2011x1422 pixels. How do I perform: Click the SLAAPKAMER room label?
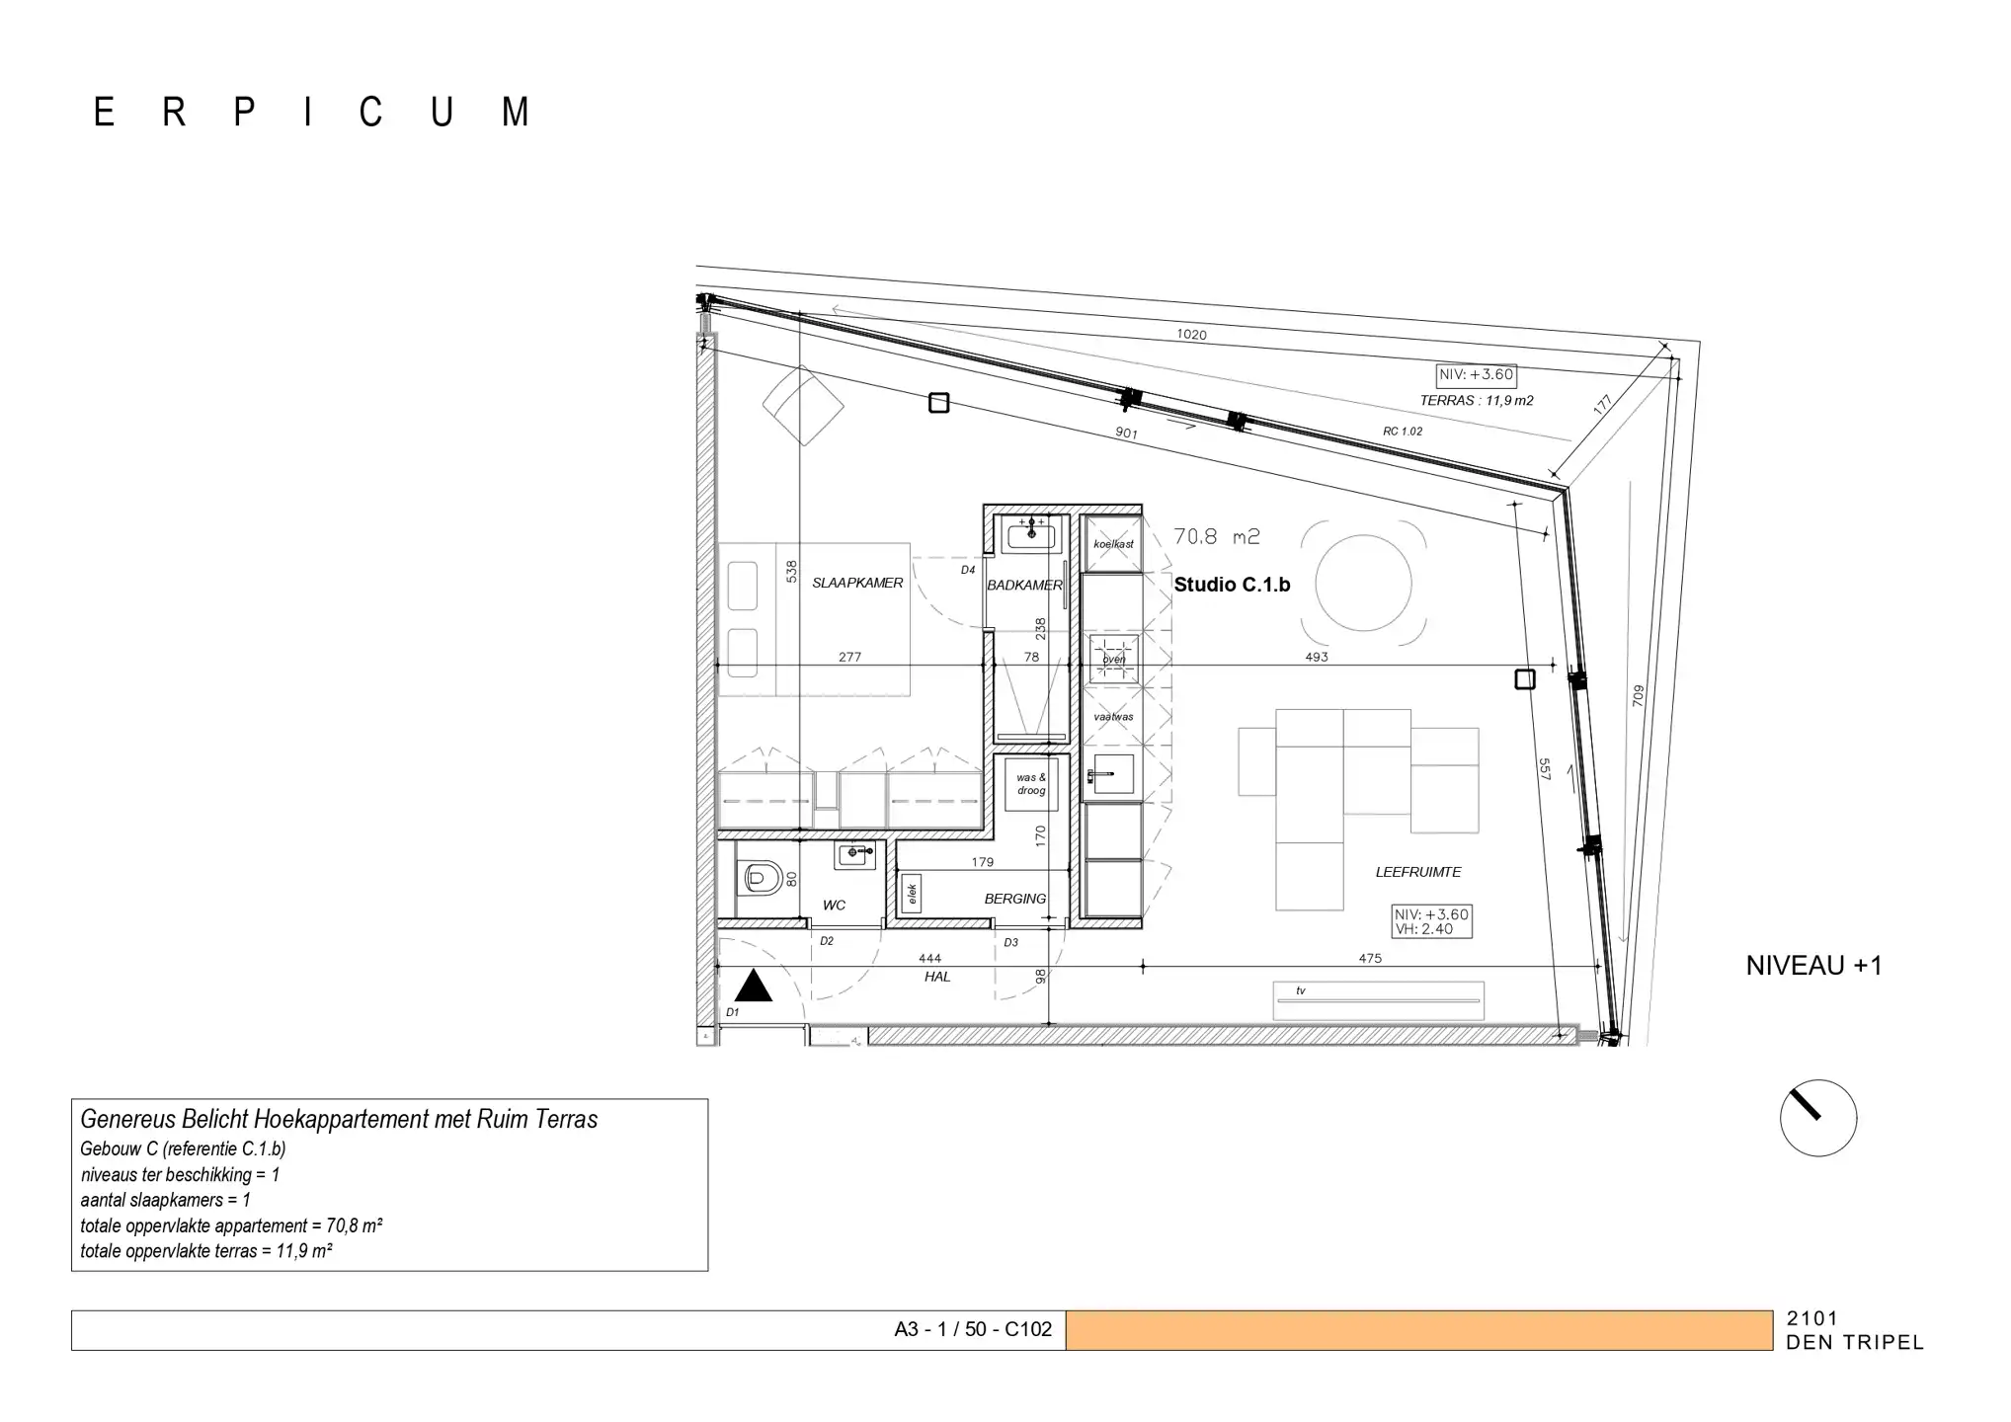coord(856,583)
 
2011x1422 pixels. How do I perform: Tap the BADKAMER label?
coord(1024,585)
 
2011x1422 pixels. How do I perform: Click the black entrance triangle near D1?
coord(754,987)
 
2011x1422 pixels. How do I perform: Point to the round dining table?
coord(1363,584)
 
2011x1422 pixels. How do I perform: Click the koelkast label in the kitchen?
coord(1113,544)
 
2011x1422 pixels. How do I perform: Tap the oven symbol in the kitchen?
coord(1113,659)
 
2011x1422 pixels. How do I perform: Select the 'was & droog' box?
coord(1030,784)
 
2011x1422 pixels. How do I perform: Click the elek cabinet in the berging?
coord(912,893)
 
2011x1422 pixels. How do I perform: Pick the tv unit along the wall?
coord(1378,999)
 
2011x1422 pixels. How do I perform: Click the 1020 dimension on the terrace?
coord(1191,335)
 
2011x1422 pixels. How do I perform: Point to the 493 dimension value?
coord(1316,656)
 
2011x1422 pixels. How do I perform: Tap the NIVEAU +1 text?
coord(1813,965)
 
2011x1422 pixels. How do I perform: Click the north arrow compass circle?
coord(1817,1118)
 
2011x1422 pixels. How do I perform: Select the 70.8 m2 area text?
coord(1216,536)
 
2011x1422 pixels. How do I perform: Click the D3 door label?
coord(1010,942)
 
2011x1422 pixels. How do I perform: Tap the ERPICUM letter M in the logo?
coord(516,113)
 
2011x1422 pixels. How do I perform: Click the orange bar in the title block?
coord(1418,1329)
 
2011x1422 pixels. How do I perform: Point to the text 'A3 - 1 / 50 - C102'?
coord(972,1329)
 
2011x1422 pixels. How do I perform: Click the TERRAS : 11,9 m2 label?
coord(1476,400)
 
